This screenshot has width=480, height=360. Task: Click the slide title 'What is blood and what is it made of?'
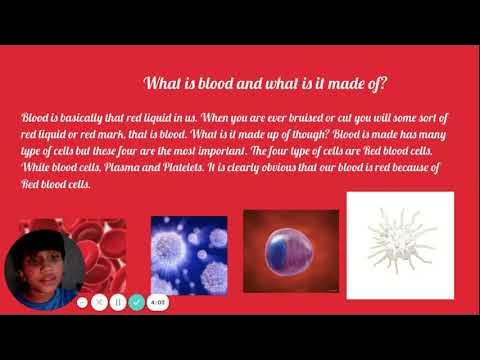(267, 83)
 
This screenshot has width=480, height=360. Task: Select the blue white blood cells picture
(189, 254)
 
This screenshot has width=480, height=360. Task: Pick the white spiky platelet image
(399, 245)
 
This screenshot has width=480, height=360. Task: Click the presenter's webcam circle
(43, 270)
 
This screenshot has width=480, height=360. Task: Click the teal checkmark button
(136, 301)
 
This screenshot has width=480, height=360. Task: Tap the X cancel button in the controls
(100, 301)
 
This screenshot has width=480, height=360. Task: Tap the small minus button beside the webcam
(83, 301)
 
